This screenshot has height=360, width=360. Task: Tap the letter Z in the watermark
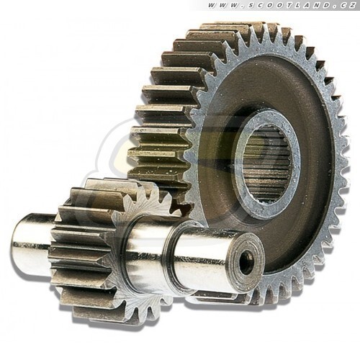click(x=352, y=5)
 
